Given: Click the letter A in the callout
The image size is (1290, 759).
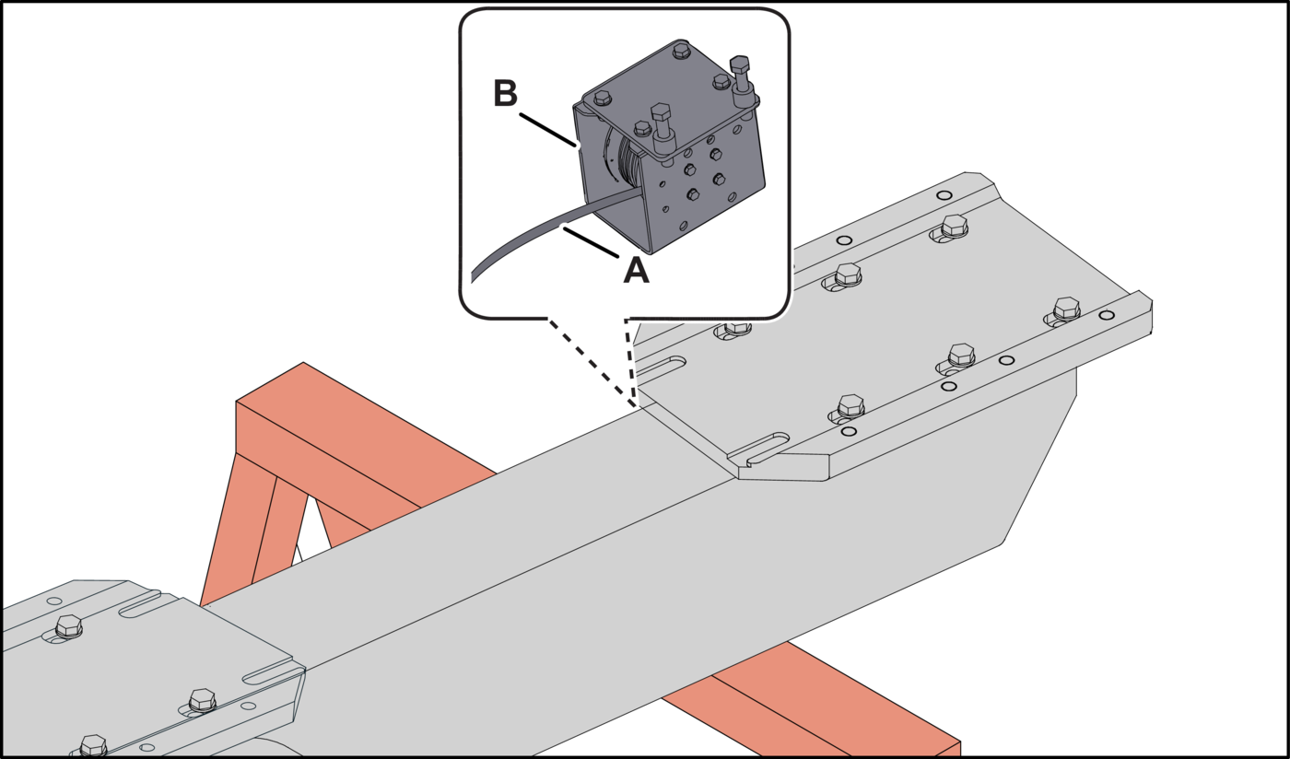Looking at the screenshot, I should point(636,270).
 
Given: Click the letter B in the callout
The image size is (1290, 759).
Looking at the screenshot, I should point(506,93).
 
